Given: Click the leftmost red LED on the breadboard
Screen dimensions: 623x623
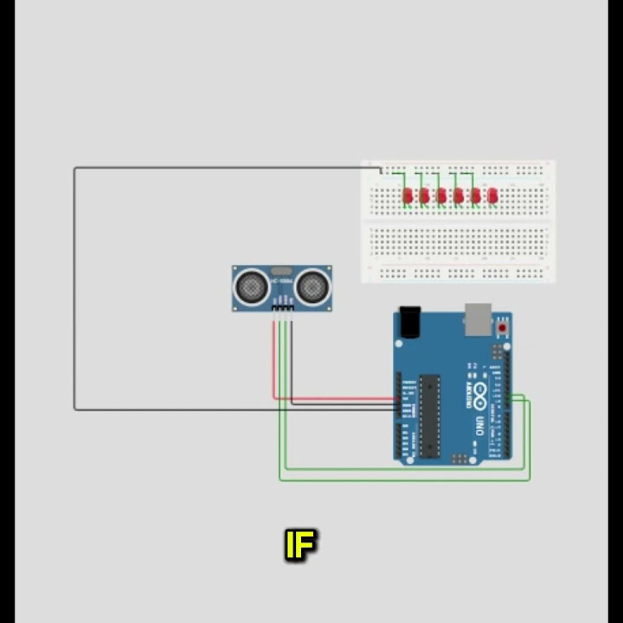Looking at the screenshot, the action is [408, 196].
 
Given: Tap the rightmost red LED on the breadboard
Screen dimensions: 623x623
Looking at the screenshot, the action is [492, 196].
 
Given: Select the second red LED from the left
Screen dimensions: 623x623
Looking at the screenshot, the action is [424, 196].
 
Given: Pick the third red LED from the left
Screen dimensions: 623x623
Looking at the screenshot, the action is [441, 196].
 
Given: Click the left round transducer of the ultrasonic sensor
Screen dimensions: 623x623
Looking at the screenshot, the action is [251, 285].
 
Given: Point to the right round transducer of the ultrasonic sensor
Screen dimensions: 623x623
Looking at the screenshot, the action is [312, 285].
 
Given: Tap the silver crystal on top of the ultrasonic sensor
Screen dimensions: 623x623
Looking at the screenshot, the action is [281, 271].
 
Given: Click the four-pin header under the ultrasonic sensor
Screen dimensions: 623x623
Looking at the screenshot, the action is [282, 307].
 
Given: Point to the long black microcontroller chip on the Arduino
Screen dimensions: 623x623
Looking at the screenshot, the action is [430, 414].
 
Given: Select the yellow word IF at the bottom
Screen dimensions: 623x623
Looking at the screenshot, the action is [300, 546].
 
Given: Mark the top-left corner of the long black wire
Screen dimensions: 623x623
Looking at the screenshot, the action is [75, 168].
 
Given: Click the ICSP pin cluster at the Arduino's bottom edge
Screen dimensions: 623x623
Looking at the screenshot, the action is [460, 457].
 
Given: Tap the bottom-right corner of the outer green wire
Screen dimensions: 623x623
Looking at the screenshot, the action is [529, 478].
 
